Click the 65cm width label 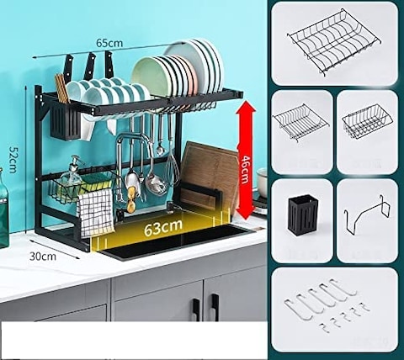coord(108,43)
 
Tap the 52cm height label coord(13,155)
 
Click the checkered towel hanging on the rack coord(97,211)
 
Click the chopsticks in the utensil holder coord(61,88)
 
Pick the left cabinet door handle coord(195,308)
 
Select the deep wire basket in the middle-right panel coord(368,122)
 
